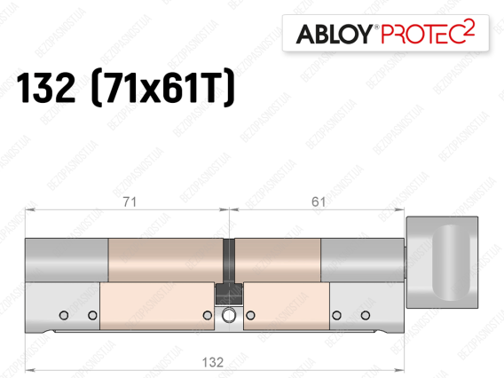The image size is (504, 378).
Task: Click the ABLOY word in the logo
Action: pos(335,34)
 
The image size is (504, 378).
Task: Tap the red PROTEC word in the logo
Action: pos(422,34)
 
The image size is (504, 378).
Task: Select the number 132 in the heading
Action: pos(45,88)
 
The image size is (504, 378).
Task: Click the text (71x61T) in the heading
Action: pos(163,87)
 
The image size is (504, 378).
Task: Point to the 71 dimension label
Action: pos(130,201)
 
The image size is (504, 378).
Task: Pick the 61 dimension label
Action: pos(319,201)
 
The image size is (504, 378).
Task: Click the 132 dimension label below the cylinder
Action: pos(212,362)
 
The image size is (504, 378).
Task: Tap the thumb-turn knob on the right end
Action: pos(442,263)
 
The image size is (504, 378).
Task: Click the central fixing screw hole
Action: pos(229,315)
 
